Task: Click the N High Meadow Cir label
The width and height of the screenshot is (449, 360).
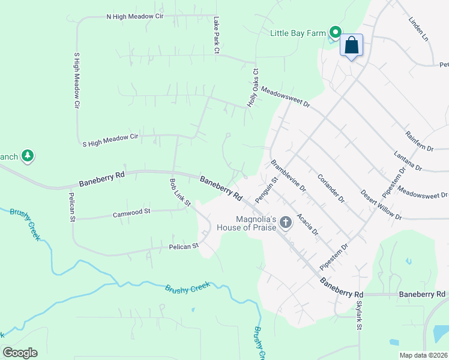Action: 135,16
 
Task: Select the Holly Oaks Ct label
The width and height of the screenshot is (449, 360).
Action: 253,88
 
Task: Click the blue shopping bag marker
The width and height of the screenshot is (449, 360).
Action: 351,45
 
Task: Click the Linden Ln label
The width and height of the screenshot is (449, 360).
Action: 419,29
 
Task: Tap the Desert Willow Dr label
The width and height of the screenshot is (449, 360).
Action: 381,205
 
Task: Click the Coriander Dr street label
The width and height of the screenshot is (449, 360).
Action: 331,188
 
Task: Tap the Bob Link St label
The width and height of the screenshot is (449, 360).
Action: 179,192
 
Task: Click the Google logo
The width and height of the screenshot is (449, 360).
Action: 20,353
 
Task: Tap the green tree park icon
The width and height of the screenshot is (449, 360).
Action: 27,157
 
